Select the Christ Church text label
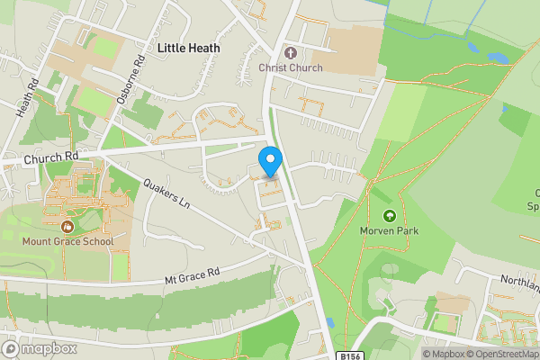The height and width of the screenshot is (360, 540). pos(290,67)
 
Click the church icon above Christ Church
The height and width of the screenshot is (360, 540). pos(290,51)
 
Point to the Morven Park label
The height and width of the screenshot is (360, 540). pos(390,230)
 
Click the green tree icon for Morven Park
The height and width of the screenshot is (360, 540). pos(390,215)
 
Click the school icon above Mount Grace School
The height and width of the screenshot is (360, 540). pos(68,226)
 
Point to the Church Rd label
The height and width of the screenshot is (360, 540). pos(51,157)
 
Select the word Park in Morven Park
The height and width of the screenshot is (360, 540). pos(406,230)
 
